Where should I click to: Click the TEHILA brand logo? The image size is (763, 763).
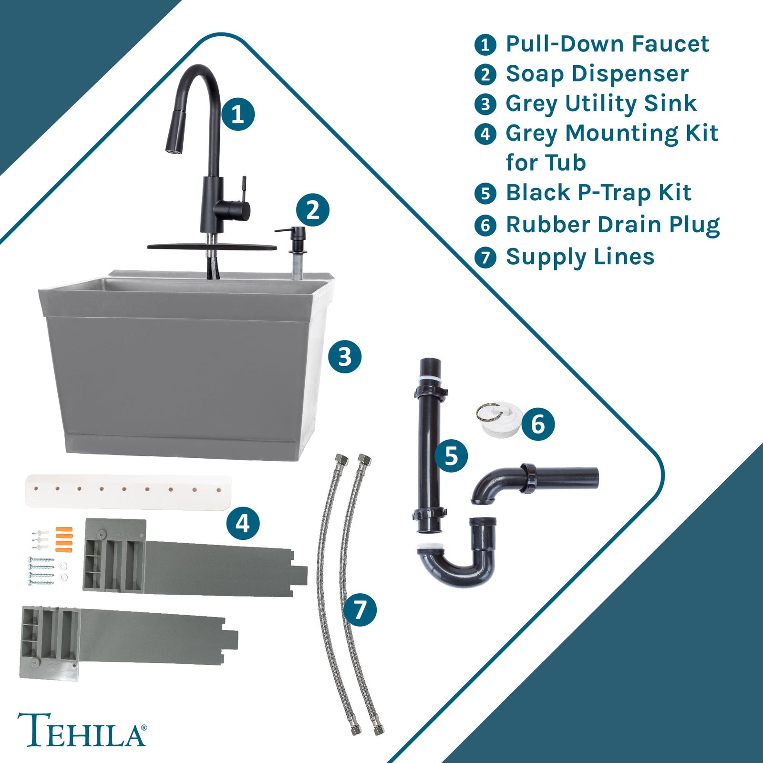[x=82, y=730]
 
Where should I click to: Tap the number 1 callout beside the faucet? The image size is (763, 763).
[x=237, y=114]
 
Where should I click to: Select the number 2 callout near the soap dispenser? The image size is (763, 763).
[x=312, y=210]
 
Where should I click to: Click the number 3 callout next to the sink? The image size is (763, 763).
[x=344, y=357]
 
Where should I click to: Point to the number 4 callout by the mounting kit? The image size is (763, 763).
[x=243, y=524]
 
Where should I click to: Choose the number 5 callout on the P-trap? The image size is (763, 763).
[x=451, y=456]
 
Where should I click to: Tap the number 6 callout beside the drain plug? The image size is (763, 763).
[x=537, y=423]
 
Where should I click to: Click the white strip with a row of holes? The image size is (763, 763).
[x=128, y=491]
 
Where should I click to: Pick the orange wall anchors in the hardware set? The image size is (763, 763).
[x=63, y=539]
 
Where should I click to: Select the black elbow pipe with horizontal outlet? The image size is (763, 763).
[x=534, y=479]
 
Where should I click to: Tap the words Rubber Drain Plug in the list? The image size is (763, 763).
[x=612, y=225]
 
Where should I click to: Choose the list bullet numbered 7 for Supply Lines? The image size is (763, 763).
[x=485, y=257]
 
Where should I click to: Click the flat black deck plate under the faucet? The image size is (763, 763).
[x=212, y=247]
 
